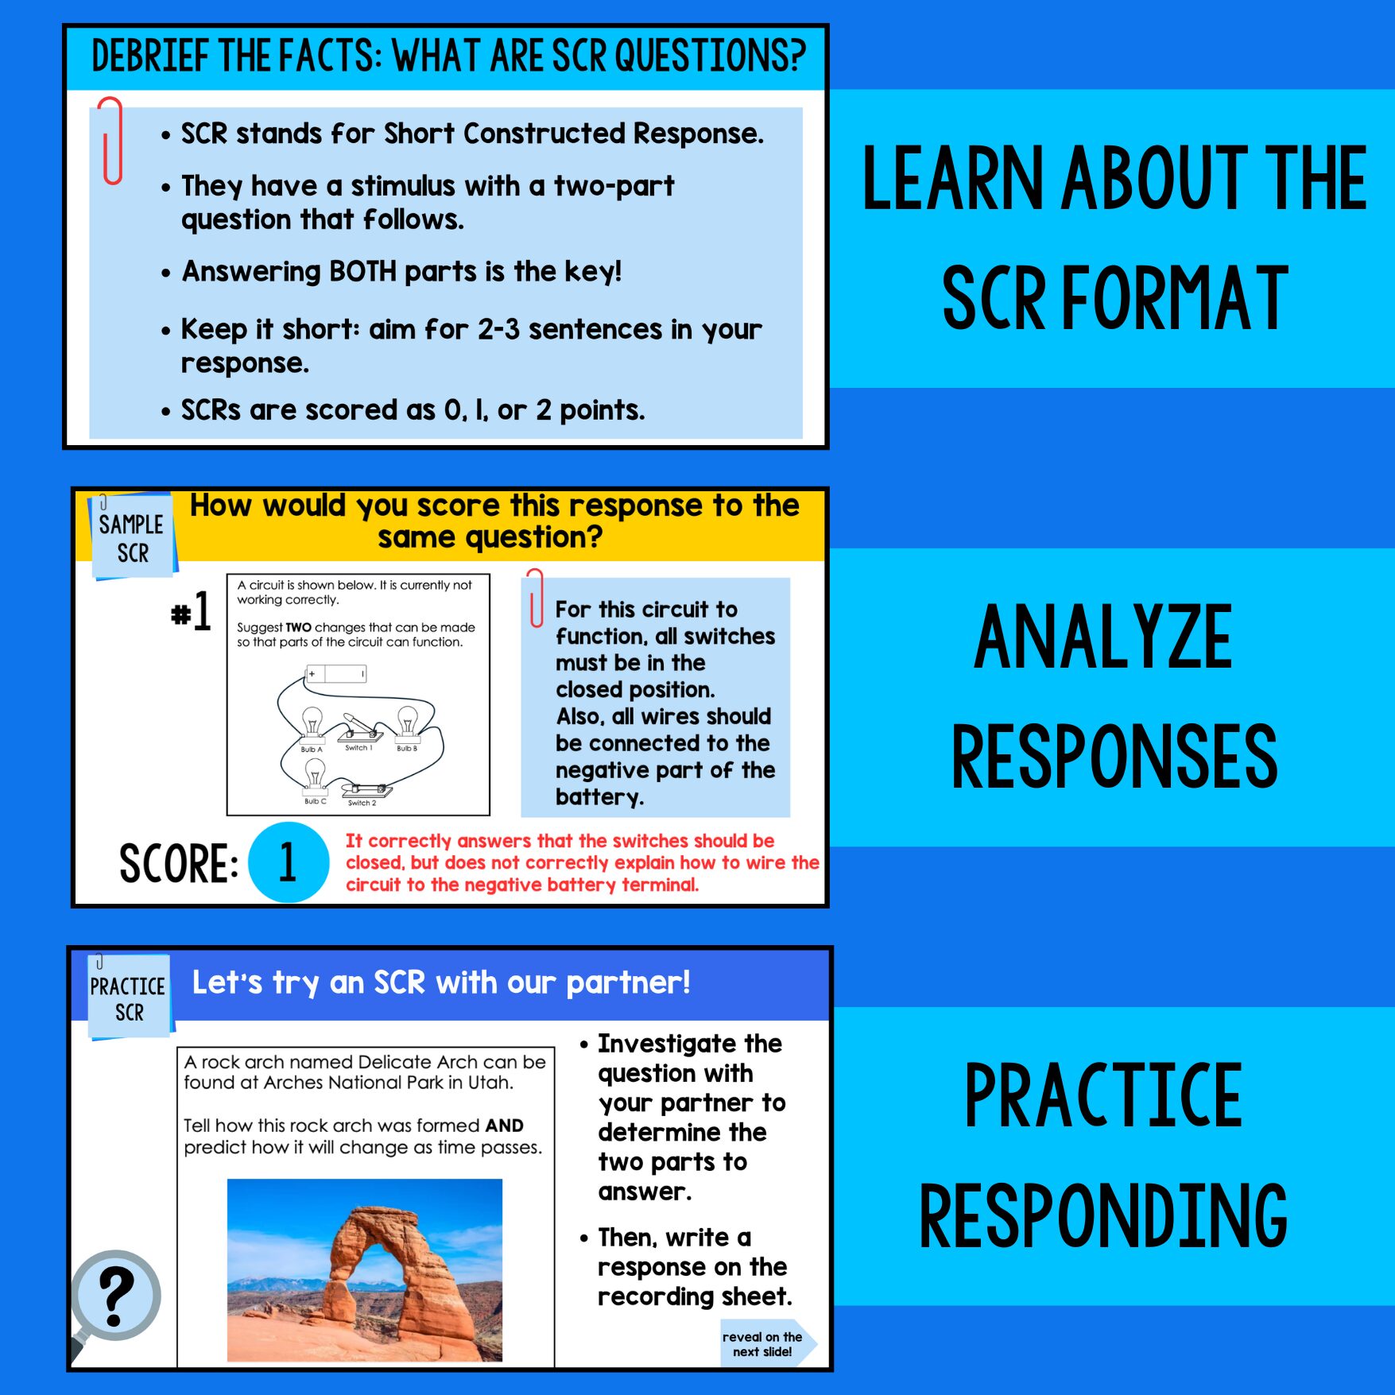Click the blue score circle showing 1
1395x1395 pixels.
pyautogui.click(x=288, y=862)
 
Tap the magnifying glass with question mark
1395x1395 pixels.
pyautogui.click(x=116, y=1296)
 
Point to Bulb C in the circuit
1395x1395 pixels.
pyautogui.click(x=315, y=775)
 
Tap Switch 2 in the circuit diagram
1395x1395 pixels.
pyautogui.click(x=366, y=790)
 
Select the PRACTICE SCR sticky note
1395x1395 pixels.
pyautogui.click(x=128, y=998)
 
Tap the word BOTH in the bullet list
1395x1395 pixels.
pyautogui.click(x=362, y=272)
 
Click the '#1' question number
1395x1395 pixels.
pyautogui.click(x=192, y=611)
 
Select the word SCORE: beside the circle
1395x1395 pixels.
pyautogui.click(x=178, y=864)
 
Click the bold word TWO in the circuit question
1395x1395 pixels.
pyautogui.click(x=298, y=627)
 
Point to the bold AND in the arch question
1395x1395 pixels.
pyautogui.click(x=504, y=1126)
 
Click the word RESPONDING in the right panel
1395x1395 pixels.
pyautogui.click(x=1102, y=1215)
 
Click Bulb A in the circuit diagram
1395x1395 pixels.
pyautogui.click(x=312, y=725)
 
